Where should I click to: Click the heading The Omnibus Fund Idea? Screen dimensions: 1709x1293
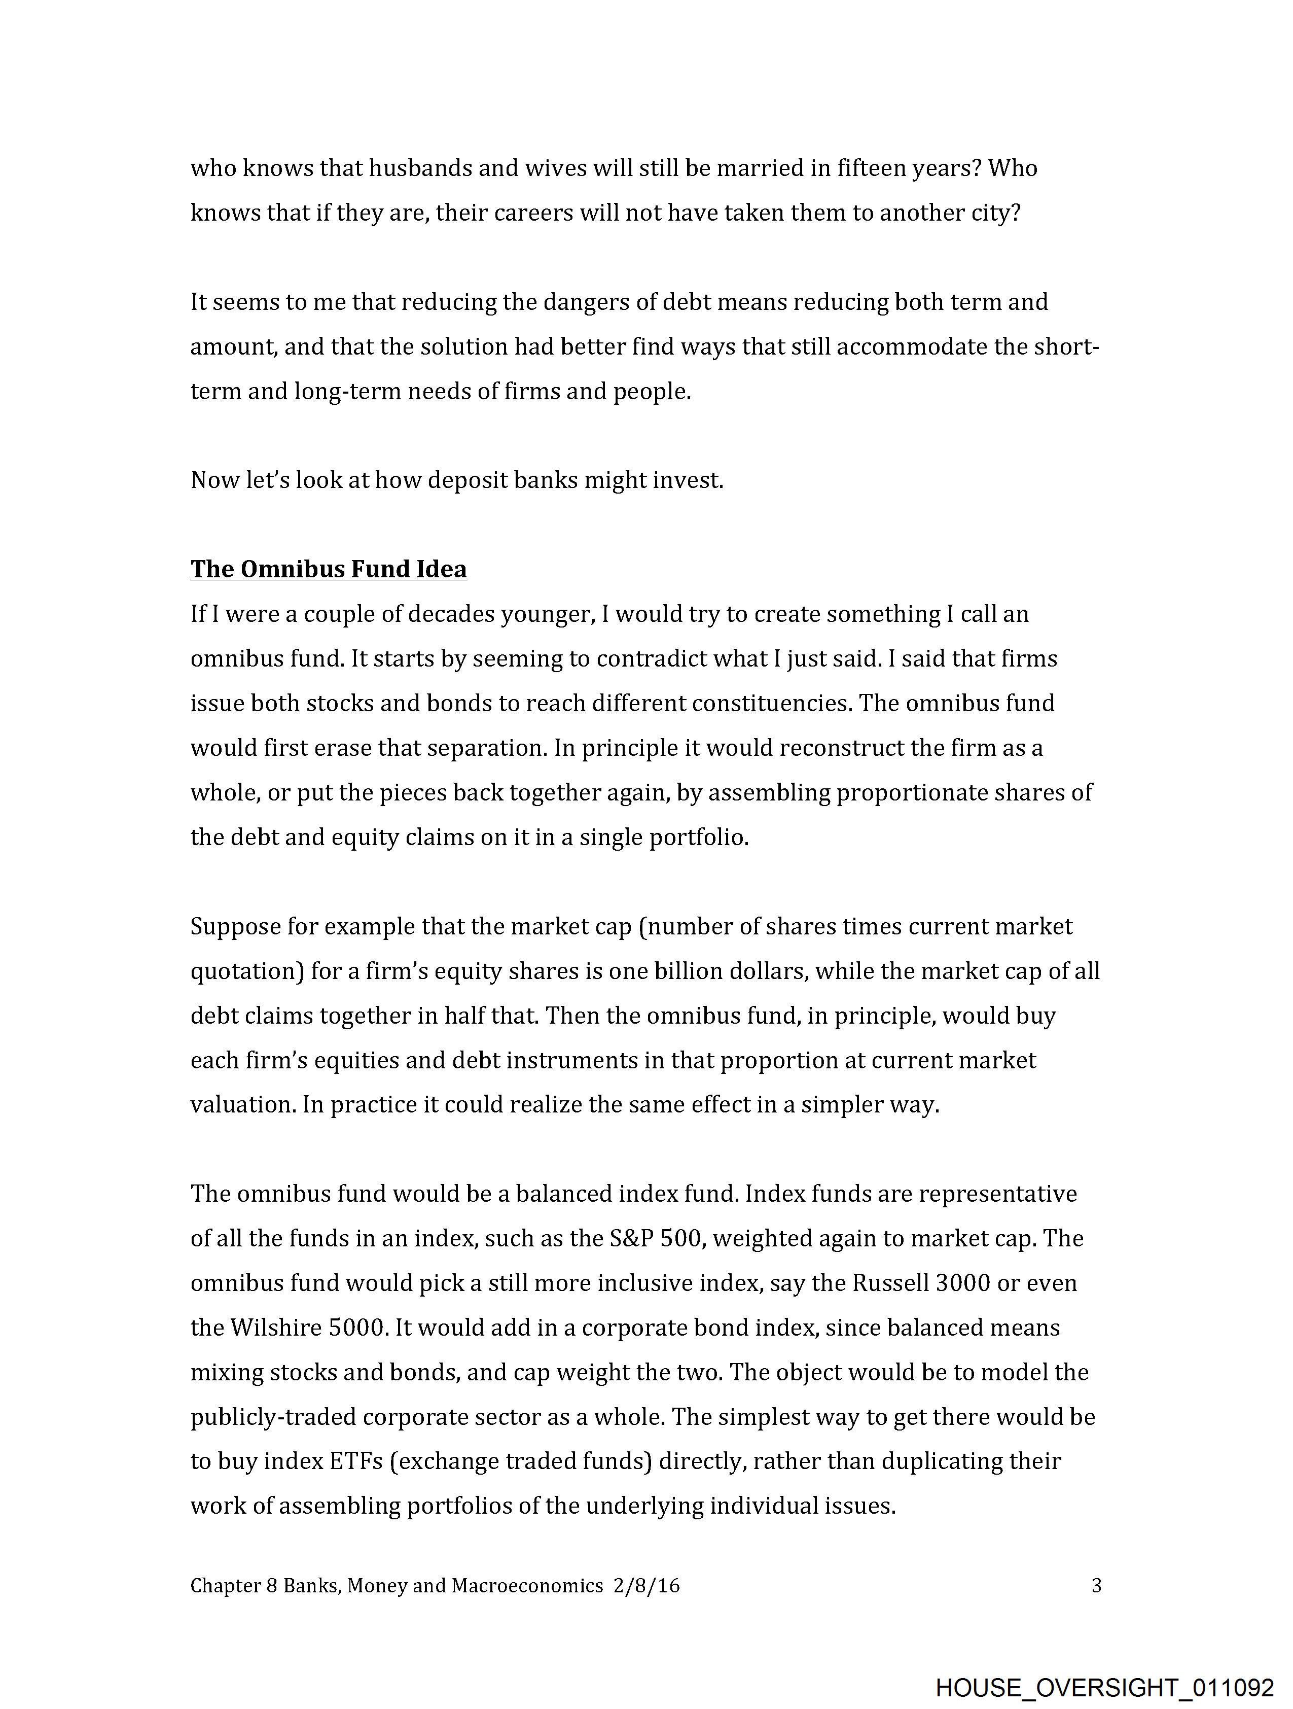pos(328,569)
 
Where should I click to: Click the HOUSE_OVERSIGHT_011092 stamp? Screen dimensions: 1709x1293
pos(1104,1687)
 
